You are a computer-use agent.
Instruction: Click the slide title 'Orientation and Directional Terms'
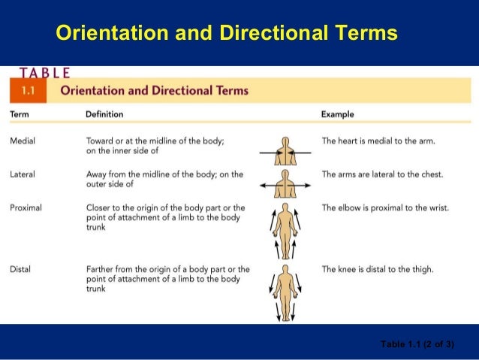coord(227,34)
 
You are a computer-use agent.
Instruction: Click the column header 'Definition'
coord(105,115)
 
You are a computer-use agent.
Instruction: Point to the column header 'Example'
coord(337,115)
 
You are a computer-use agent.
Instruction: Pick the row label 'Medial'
coord(23,141)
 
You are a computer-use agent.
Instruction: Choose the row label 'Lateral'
coord(23,174)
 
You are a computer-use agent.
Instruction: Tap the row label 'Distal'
coord(20,268)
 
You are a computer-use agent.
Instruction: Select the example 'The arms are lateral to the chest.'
coord(382,174)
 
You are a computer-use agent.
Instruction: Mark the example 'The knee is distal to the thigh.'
coord(378,268)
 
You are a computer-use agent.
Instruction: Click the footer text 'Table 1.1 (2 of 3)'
coord(417,344)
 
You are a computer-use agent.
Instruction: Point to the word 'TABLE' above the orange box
coord(45,74)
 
